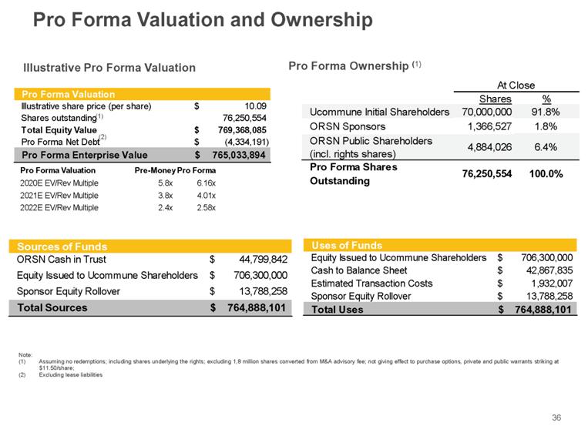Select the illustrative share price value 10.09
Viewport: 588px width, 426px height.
(254, 106)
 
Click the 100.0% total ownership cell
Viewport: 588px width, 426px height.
(543, 173)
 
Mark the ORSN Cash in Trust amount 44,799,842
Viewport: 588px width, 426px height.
(258, 260)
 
